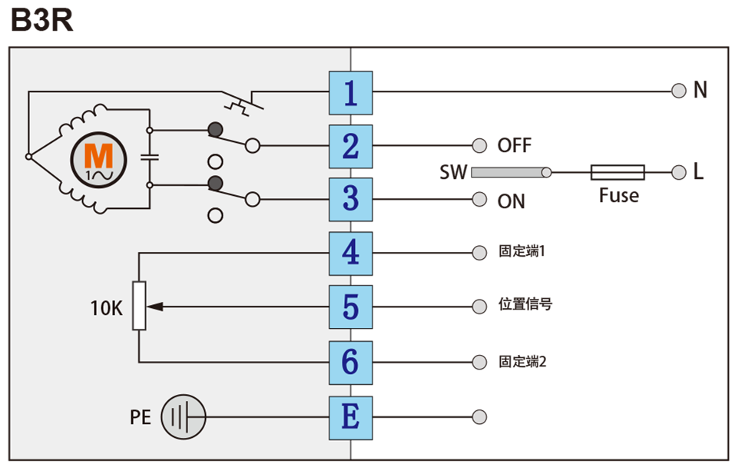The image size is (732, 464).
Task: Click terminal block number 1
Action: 350,93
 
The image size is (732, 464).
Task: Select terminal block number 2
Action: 350,146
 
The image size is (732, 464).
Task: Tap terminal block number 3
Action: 350,200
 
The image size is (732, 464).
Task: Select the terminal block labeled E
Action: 350,417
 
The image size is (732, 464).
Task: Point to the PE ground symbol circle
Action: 184,417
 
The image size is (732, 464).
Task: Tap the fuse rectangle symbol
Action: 618,172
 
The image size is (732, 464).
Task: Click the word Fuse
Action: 619,196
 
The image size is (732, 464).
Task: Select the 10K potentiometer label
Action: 106,308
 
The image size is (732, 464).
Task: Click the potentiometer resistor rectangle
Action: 139,306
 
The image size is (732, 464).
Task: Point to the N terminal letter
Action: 700,91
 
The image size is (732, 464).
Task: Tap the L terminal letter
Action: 698,172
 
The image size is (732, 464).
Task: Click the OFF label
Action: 515,146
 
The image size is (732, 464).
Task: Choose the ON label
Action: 512,201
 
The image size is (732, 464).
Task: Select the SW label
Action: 453,173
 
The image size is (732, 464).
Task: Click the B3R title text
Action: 42,22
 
